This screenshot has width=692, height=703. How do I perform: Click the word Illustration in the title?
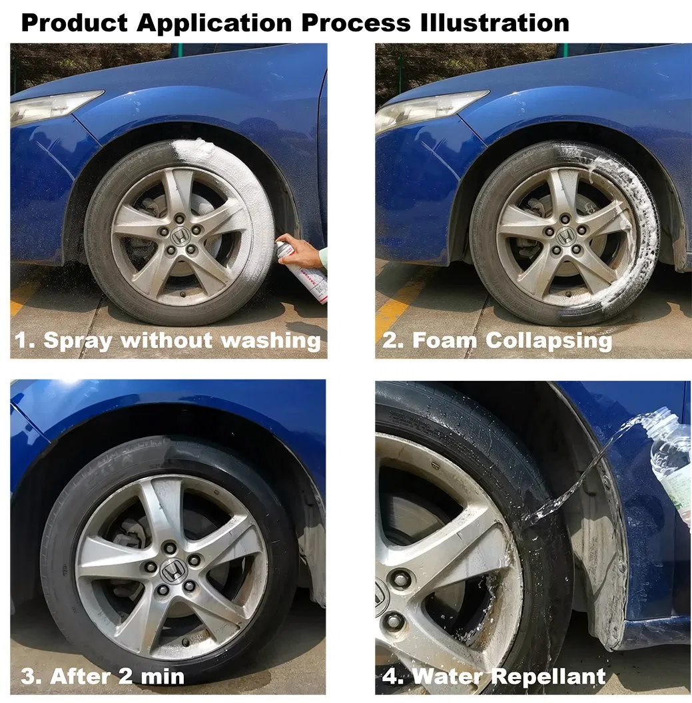click(495, 23)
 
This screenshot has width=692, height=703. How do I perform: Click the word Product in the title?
click(75, 23)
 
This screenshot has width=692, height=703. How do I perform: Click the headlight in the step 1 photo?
click(53, 107)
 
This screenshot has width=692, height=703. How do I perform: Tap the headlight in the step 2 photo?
click(430, 109)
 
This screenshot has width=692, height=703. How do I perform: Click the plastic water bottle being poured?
click(671, 466)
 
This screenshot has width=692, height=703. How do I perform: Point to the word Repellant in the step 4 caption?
click(553, 676)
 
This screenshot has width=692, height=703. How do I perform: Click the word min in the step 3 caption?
click(163, 676)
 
